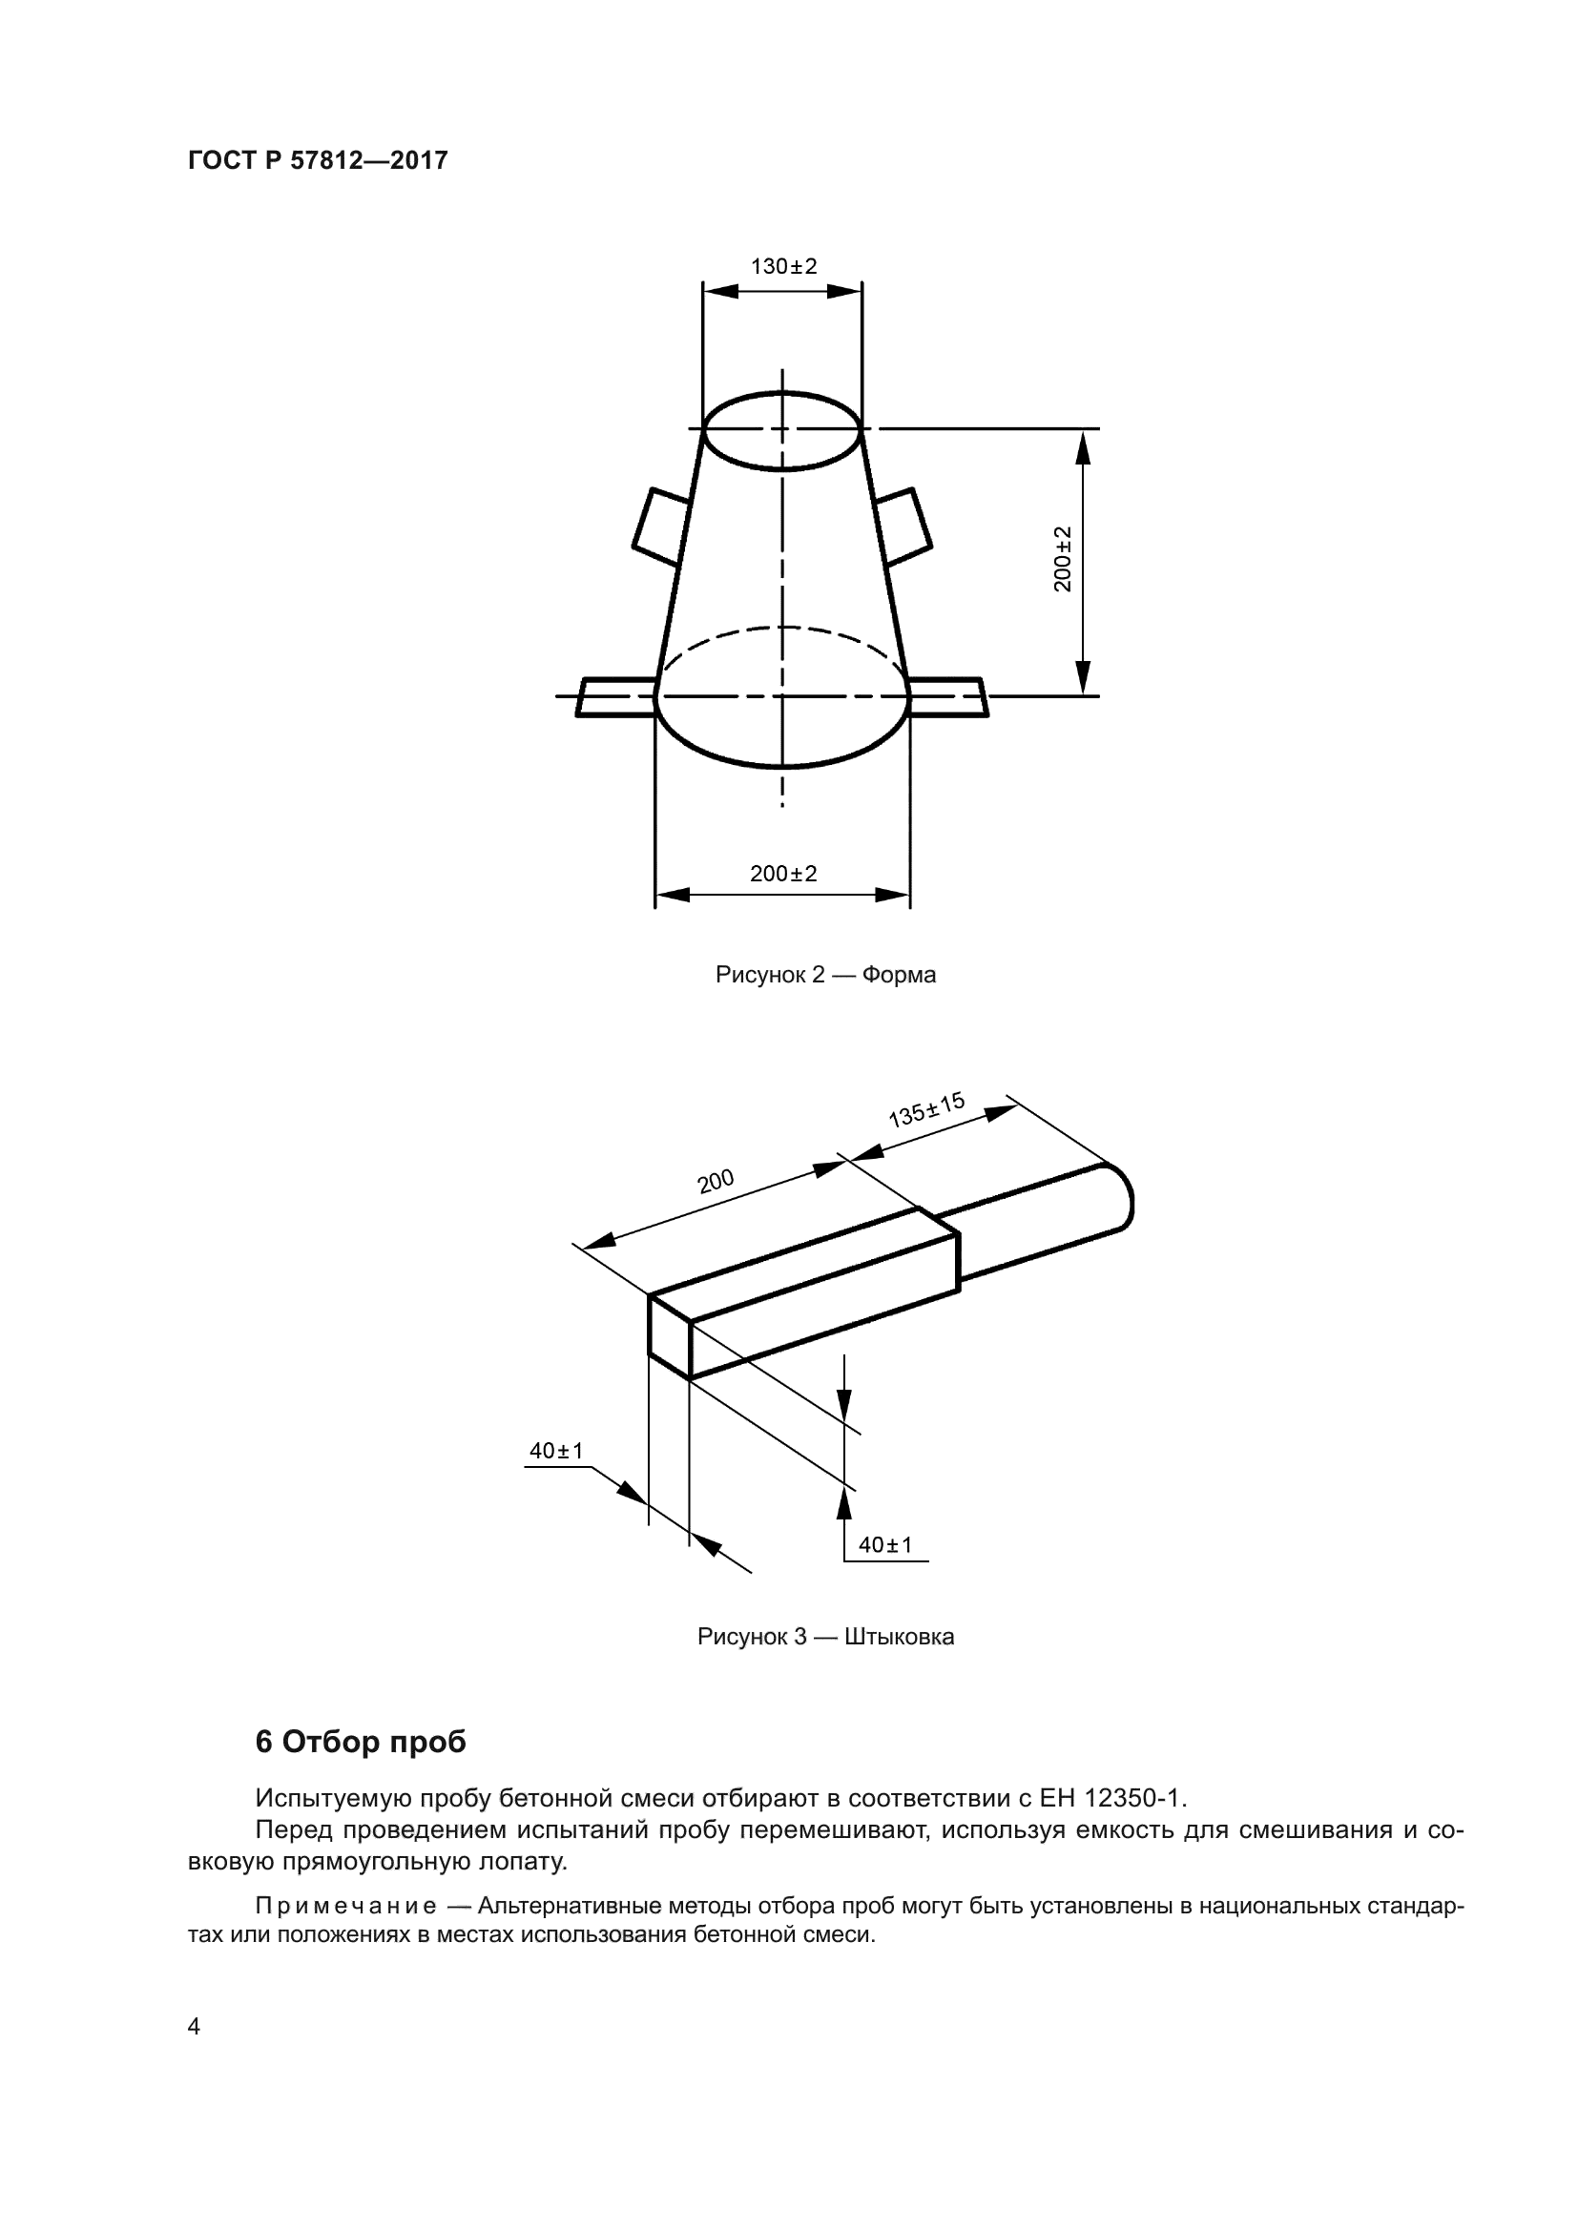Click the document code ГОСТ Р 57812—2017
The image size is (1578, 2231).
(318, 160)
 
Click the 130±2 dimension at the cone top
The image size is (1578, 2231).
(783, 266)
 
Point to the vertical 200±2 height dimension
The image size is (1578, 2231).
(1063, 559)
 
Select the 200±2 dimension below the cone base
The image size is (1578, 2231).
(783, 874)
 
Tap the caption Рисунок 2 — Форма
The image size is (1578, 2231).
(825, 975)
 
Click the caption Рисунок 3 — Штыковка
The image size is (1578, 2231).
(825, 1637)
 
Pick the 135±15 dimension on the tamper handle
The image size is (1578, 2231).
(926, 1109)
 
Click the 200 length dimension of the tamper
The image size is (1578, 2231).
(716, 1182)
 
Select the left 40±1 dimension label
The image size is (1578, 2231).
(556, 1451)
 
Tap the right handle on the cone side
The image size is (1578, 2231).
(903, 526)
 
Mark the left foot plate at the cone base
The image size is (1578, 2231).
(615, 696)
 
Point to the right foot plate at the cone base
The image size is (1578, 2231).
(948, 696)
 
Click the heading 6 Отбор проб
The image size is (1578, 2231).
(361, 1743)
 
